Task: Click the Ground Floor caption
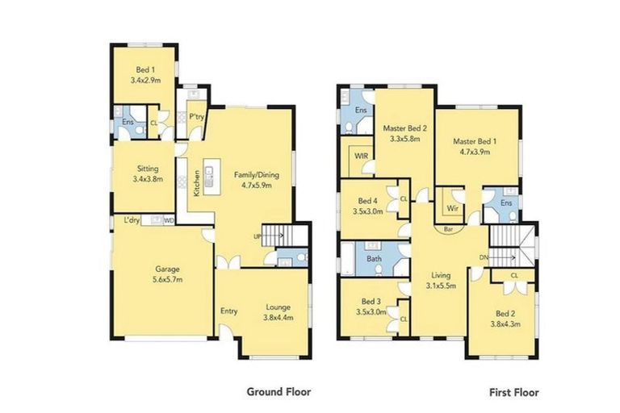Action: point(279,391)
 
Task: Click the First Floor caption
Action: point(513,392)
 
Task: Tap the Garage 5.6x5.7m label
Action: point(162,275)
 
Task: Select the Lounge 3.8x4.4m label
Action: point(279,312)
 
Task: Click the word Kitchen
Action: point(196,184)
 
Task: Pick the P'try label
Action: point(195,117)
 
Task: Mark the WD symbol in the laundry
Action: point(169,220)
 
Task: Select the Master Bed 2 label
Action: point(404,134)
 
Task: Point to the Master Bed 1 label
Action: point(480,148)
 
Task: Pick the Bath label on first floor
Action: point(374,259)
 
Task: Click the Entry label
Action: point(228,311)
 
